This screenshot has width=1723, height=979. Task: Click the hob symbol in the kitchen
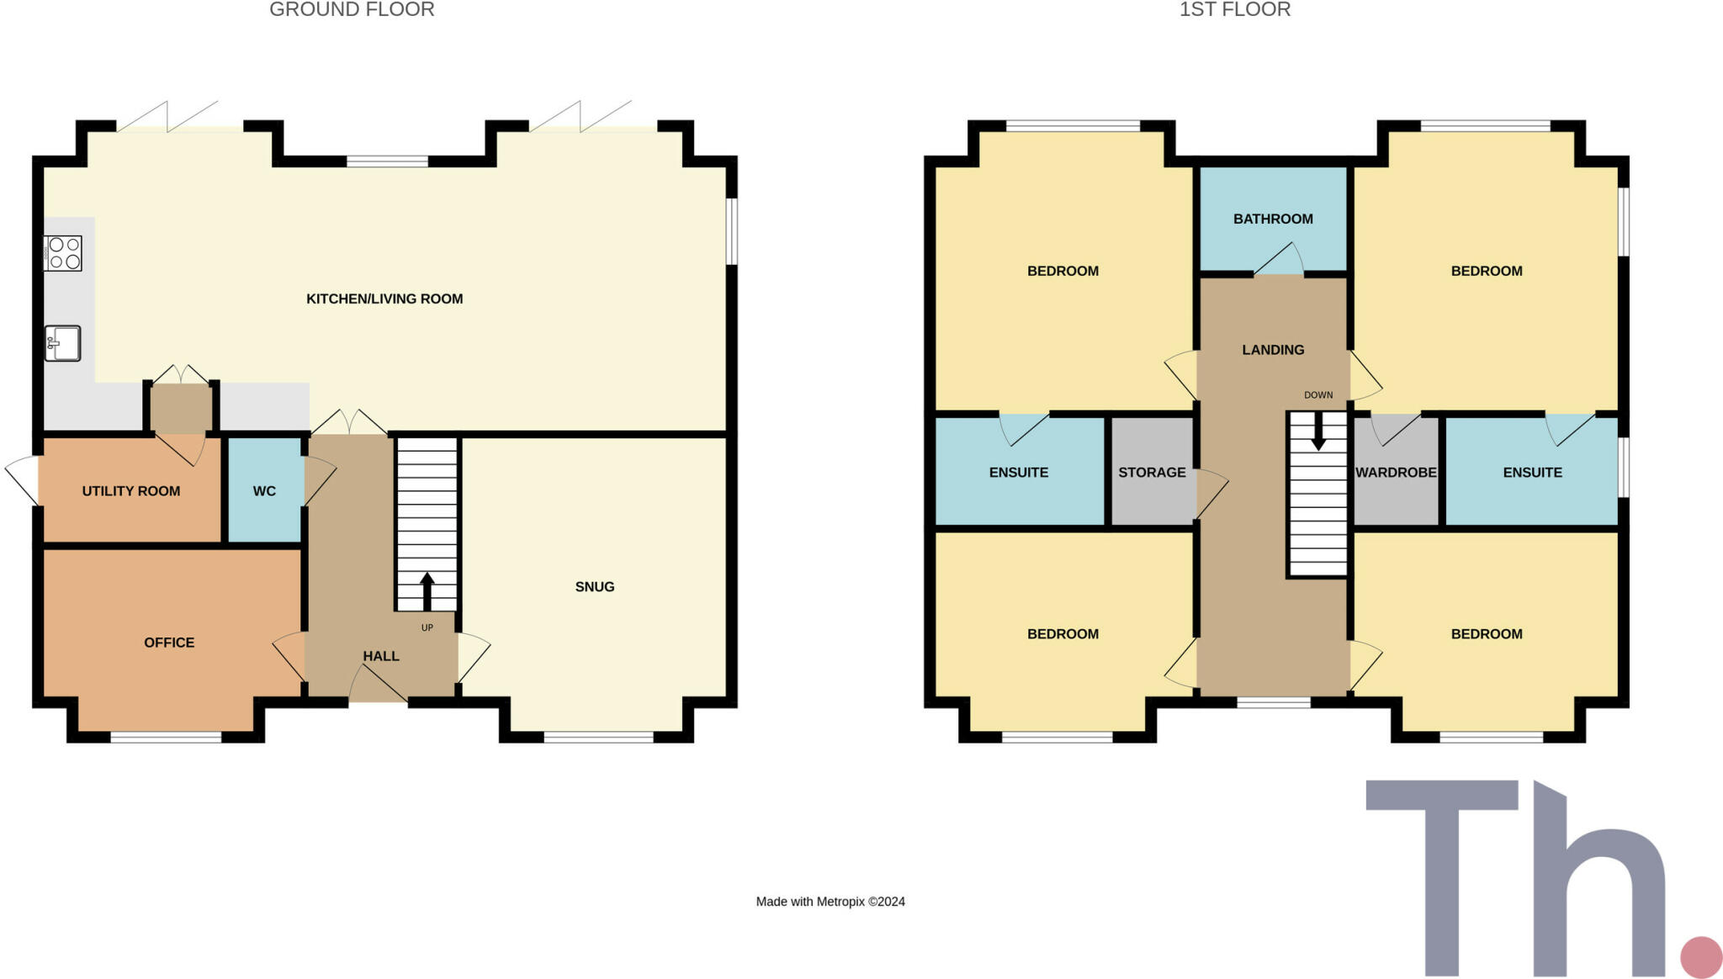tap(63, 253)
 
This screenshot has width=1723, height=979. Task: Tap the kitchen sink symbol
tap(63, 343)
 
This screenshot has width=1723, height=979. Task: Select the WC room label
tap(264, 491)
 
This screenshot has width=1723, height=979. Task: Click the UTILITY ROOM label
tap(131, 491)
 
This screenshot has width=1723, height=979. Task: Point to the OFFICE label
tap(169, 643)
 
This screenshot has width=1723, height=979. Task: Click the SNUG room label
tap(595, 587)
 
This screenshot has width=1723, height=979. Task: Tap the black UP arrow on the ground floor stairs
tap(427, 590)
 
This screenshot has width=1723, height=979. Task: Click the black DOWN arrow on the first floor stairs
tap(1318, 431)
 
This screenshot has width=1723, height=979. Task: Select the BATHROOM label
tap(1273, 220)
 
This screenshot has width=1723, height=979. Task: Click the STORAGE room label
tap(1152, 473)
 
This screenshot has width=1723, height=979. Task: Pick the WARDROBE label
tap(1396, 473)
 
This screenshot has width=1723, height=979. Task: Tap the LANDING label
tap(1273, 350)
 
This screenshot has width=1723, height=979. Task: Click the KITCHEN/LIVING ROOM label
tap(384, 299)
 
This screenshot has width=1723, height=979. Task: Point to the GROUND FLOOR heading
tap(352, 10)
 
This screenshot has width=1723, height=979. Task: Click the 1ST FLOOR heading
tap(1234, 10)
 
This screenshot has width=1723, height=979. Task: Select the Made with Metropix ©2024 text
tap(830, 902)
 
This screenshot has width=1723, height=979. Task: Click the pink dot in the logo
tap(1701, 957)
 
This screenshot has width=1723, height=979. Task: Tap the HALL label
tap(381, 656)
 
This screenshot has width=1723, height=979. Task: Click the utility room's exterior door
tap(23, 481)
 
